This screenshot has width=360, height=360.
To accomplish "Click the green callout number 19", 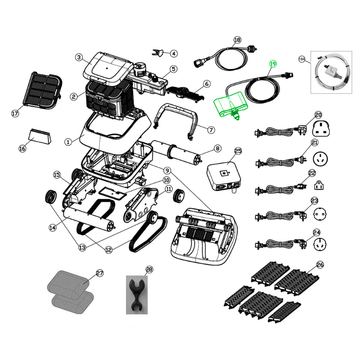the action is (x=273, y=64).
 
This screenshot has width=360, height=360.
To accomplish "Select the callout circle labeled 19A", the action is (x=302, y=59).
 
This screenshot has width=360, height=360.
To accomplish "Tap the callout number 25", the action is (x=238, y=151).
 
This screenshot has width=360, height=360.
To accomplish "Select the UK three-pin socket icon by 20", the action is (x=321, y=129).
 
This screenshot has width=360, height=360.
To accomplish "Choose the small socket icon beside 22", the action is (x=319, y=185).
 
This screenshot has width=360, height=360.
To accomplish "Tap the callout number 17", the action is (x=15, y=113).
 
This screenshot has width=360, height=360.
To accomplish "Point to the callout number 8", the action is (x=218, y=149).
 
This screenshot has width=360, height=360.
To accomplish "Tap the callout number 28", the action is (x=149, y=269).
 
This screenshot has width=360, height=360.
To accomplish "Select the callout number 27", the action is (x=100, y=273).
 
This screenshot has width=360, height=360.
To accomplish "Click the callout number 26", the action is (x=320, y=265).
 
